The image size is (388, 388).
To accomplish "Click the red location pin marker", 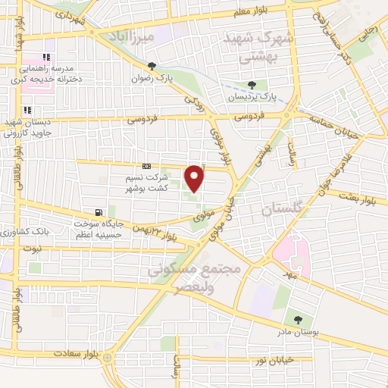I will [x=195, y=179].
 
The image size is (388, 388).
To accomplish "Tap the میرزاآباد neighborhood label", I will [x=152, y=36].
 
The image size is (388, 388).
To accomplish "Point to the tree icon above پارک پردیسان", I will [x=253, y=85].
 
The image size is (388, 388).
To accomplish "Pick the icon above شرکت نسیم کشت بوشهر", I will [x=146, y=167].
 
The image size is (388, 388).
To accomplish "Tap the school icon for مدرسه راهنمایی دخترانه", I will [x=48, y=57].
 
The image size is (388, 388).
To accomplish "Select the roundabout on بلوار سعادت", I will [x=108, y=356].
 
